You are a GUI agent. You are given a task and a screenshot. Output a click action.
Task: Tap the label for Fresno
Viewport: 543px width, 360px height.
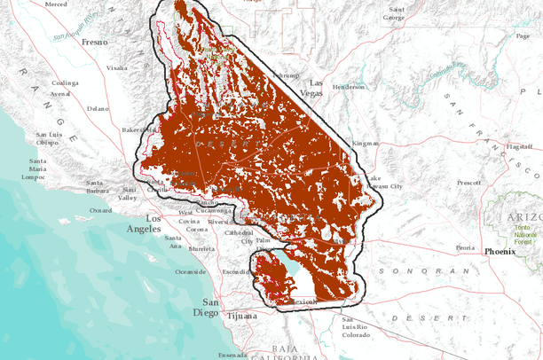tap(93, 42)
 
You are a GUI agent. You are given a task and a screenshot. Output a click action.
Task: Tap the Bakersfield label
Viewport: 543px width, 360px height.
tap(138, 129)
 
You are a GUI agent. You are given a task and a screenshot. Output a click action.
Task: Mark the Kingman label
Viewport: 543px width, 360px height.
tap(366, 143)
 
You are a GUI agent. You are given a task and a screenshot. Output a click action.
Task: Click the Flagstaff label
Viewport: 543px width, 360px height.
tap(518, 146)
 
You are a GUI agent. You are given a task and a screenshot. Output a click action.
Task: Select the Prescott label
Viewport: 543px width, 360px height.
tap(468, 183)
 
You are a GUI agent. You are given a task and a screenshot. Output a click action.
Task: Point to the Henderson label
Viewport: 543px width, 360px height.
tap(349, 87)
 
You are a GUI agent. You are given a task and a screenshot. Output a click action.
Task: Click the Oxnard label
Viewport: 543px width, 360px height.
tap(101, 210)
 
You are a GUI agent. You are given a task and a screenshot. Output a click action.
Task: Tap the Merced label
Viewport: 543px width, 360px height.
tap(56, 4)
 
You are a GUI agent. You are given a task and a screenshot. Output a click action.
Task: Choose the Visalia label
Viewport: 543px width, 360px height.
tap(116, 67)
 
